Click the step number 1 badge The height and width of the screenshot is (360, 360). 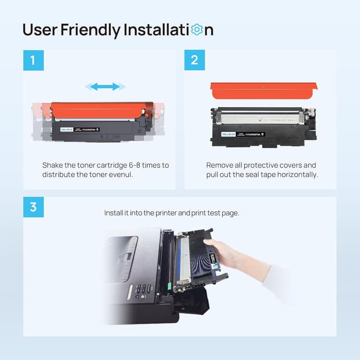(x=33, y=60)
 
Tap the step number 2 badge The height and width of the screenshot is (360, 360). (x=195, y=60)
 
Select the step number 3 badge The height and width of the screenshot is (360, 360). (x=33, y=207)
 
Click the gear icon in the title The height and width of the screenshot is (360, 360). (x=196, y=30)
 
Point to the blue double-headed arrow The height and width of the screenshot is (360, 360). (x=105, y=87)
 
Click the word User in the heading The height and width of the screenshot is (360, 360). (x=41, y=30)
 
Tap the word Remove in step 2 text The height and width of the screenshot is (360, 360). (x=220, y=165)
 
